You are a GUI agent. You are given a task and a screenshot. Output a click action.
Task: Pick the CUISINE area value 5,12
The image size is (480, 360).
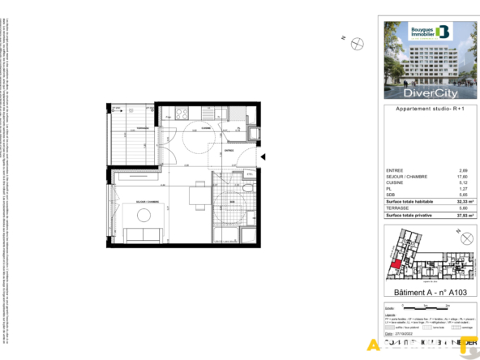pos(464,182)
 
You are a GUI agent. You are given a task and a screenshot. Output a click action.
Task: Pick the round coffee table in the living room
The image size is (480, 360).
pos(144,215)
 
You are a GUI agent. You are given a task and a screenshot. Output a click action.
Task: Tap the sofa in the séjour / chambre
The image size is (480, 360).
pos(144,235)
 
